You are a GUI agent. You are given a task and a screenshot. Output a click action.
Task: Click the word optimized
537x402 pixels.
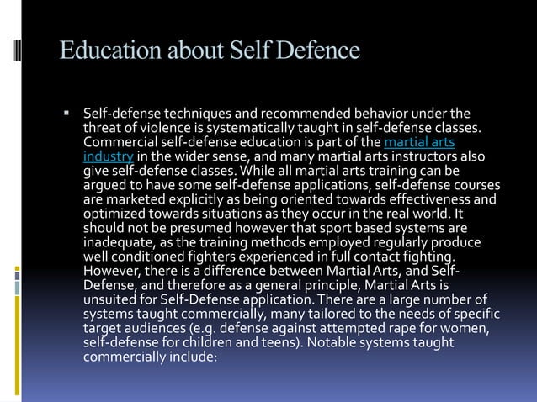112,214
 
